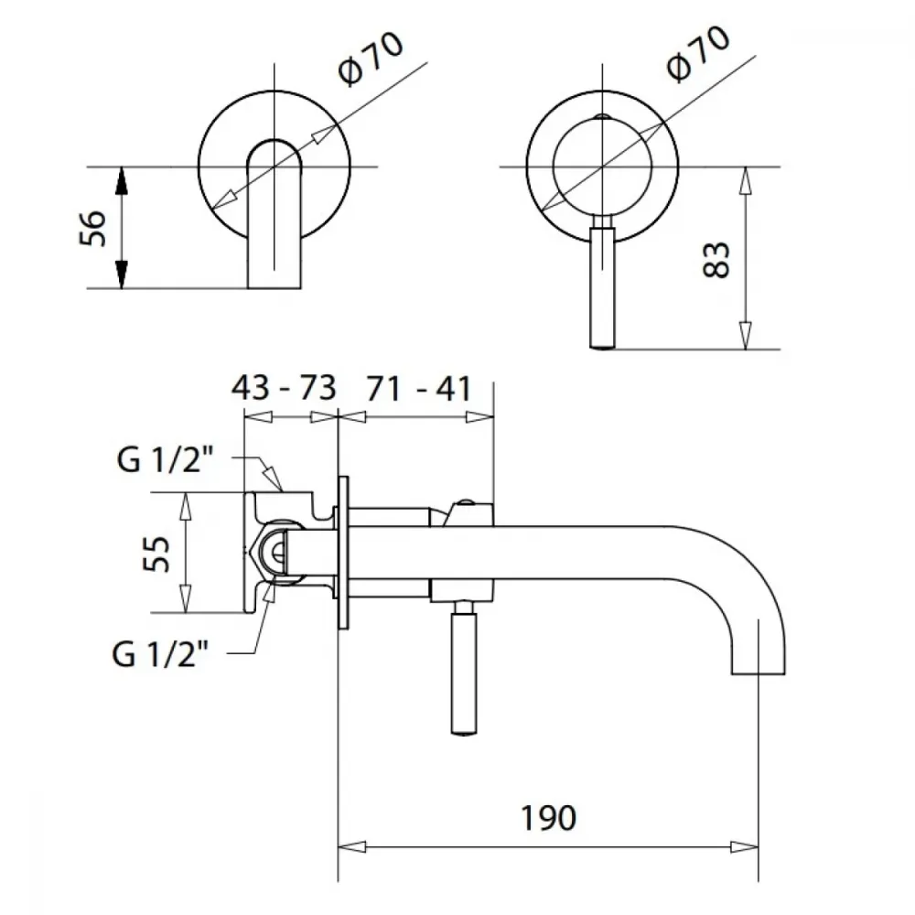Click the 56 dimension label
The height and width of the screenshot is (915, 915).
pos(92,228)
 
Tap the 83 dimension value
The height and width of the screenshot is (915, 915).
pos(716,260)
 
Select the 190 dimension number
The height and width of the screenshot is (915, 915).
pos(548,818)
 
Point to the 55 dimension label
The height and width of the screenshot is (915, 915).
pos(156,554)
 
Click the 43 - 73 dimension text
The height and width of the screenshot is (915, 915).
pos(285,388)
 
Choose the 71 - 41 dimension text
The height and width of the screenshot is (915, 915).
pos(418,389)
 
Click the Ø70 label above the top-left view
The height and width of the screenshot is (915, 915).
pos(370,59)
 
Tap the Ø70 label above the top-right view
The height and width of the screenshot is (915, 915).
pos(698,54)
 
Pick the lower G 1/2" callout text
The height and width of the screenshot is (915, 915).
pos(160,654)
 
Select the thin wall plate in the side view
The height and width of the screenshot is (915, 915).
pos(343,553)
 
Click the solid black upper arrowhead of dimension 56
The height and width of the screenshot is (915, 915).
pos(122,181)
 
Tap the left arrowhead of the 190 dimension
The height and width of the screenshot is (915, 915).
pos(352,846)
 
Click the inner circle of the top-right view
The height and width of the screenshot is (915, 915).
pos(602,166)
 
